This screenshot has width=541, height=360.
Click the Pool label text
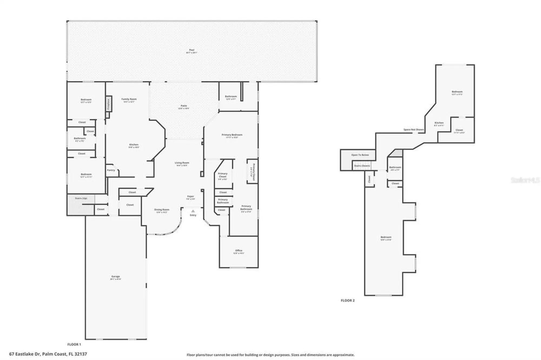pos(192,50)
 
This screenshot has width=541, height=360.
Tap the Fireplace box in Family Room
pos(108,104)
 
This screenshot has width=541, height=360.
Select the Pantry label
pos(111,170)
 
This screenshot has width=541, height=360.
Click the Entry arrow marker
pos(193,211)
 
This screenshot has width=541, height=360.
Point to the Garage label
pos(116,276)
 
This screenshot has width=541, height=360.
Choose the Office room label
pos(239,251)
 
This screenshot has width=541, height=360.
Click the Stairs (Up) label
pos(81,198)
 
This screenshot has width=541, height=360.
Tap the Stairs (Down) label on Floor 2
pos(362,166)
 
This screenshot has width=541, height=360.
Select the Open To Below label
pos(360,155)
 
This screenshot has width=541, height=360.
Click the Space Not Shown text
pos(413,130)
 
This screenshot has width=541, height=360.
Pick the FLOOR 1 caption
pos(74,344)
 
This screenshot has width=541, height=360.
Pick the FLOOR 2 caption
pos(348,300)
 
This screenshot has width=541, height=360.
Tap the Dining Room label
pos(162,210)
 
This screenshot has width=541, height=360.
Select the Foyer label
pos(190,196)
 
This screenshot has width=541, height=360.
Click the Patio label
pos(184,106)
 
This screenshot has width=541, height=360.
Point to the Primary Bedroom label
pos(232,135)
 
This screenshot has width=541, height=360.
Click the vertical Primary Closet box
pos(252,171)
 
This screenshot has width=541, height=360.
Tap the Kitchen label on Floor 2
pos(439,123)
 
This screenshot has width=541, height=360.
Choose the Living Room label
pos(182,163)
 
